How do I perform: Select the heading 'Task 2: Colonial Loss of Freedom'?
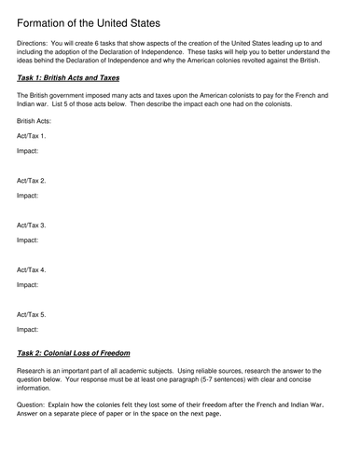(79, 353)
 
